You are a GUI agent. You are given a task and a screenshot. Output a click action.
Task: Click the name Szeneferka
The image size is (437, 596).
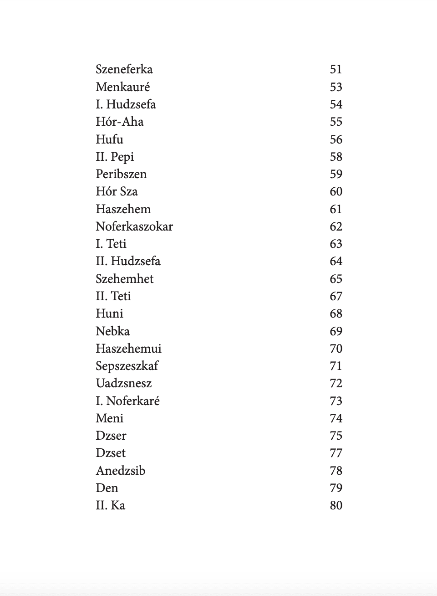[x=124, y=69]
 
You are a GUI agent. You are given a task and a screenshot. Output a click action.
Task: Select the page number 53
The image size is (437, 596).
[x=335, y=87]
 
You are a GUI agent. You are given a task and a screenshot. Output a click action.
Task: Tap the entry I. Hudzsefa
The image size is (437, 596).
[x=126, y=104]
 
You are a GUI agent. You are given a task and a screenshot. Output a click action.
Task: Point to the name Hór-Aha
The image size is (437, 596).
[x=119, y=122]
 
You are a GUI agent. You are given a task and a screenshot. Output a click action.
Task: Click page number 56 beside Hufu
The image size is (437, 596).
[x=335, y=139]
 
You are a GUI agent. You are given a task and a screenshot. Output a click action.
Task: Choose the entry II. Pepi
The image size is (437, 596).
[x=115, y=157]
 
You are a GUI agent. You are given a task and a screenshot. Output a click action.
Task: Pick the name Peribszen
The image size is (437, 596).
[x=121, y=174]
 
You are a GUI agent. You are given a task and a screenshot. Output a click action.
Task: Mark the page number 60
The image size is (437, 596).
[x=335, y=191]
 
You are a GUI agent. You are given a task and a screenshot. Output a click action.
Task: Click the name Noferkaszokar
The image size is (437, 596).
[x=134, y=226]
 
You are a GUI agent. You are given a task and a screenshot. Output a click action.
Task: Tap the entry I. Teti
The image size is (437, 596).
[x=111, y=244]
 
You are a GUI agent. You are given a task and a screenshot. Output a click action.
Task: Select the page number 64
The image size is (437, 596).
[x=335, y=261]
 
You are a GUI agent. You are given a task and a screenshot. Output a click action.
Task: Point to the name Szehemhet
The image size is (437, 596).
[x=124, y=279]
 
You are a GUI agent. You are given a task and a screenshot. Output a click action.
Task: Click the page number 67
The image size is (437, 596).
[x=335, y=296]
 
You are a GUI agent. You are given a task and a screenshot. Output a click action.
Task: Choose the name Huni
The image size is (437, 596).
[x=109, y=313]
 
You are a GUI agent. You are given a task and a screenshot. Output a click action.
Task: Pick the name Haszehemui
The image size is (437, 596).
[x=128, y=349]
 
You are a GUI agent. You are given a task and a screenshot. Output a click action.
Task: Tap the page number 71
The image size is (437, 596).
[x=335, y=366]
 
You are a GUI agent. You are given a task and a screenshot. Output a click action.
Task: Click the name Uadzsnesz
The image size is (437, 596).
[x=123, y=383]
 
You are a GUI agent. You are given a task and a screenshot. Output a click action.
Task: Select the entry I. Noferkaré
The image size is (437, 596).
[x=127, y=401]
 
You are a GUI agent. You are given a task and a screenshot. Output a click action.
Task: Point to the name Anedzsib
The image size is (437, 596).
[x=120, y=471]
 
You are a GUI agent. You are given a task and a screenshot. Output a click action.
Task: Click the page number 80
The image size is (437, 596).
[x=335, y=505]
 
